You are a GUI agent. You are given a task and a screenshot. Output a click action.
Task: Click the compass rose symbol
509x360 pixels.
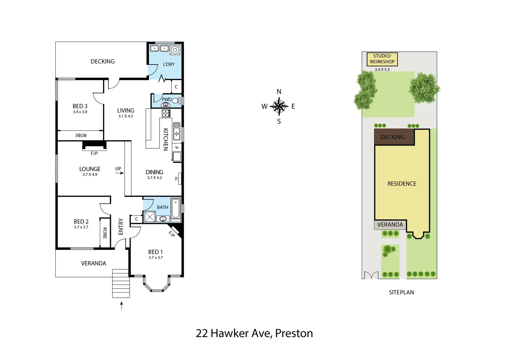point(279,106)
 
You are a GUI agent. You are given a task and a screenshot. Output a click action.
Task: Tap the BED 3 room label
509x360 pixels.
point(80,106)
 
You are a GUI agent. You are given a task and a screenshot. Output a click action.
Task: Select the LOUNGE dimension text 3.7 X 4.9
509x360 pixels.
point(90,175)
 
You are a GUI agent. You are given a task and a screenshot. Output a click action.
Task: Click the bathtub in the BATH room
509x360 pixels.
point(176,209)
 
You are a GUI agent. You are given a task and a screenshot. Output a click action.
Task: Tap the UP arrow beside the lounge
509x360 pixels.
point(120,173)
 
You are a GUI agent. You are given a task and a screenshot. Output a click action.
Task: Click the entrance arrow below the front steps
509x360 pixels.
point(122,305)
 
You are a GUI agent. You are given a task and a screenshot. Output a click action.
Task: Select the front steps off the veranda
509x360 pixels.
point(121,283)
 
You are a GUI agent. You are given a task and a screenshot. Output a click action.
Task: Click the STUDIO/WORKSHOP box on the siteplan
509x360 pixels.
point(382,59)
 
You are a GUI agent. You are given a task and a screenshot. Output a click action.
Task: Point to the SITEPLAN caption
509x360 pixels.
point(401,292)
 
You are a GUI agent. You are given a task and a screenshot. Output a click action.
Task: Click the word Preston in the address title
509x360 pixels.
point(294,333)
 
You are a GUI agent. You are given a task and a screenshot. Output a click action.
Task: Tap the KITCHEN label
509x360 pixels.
point(166,139)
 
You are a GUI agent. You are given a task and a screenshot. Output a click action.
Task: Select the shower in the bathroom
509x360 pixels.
point(150,217)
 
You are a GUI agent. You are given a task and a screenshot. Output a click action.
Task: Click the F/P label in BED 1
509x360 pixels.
point(172,234)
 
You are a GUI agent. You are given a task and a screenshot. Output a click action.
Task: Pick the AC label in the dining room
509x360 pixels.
point(176,179)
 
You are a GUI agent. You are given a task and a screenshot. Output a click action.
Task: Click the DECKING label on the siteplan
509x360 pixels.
point(392,137)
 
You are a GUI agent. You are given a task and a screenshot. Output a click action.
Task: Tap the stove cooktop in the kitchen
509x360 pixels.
point(166,113)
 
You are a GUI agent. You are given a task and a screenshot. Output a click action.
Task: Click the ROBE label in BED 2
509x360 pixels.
point(105,233)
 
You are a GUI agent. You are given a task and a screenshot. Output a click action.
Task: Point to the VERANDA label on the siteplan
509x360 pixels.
point(390,225)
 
